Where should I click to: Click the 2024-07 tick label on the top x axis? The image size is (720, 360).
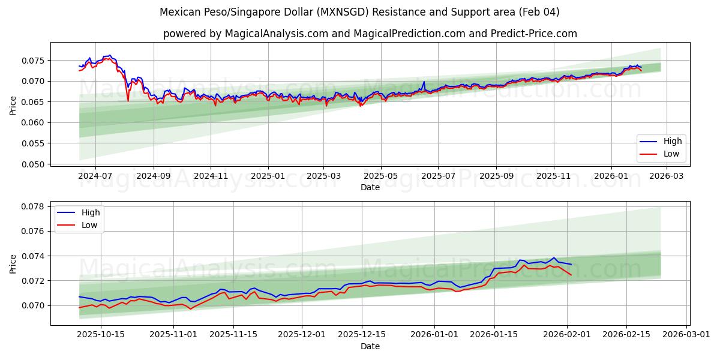pos(96,176)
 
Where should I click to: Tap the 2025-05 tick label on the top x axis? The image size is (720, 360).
pos(380,176)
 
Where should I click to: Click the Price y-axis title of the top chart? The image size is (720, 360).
pos(13,106)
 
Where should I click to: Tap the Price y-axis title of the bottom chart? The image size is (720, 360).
pos(13,264)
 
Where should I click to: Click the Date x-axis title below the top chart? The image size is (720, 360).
pos(370,188)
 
